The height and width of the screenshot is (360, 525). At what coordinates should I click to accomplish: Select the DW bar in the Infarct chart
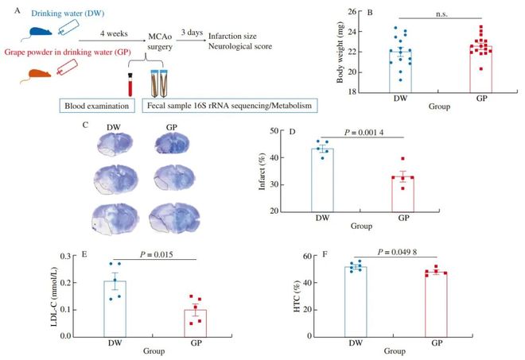pos(322,180)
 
